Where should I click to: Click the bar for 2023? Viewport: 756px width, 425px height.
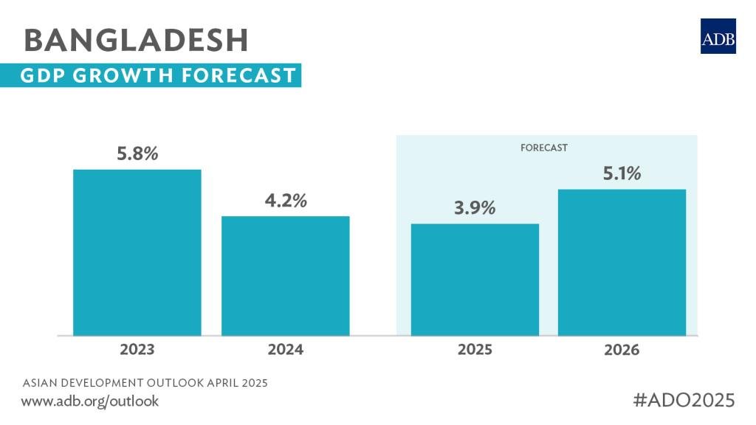[137, 252]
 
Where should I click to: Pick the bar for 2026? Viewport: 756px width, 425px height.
[622, 262]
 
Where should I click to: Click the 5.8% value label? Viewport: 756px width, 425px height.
[137, 155]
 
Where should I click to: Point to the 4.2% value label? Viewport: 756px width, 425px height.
[286, 201]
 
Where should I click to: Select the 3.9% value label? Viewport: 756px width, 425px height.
[475, 208]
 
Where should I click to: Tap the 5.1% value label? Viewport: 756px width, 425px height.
[621, 174]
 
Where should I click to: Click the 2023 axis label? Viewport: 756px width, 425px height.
[137, 350]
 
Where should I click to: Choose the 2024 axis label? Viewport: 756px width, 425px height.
[286, 350]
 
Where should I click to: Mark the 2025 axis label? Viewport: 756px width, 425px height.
[475, 350]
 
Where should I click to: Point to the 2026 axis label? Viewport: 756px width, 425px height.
[622, 350]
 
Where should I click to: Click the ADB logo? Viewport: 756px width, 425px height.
[718, 36]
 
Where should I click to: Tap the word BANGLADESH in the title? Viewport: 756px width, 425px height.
[137, 40]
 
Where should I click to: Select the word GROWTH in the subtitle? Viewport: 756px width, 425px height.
[123, 76]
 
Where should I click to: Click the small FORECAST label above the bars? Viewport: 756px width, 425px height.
[544, 148]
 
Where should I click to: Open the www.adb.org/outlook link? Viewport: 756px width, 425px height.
[89, 401]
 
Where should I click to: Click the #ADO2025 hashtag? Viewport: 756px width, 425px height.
[684, 400]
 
